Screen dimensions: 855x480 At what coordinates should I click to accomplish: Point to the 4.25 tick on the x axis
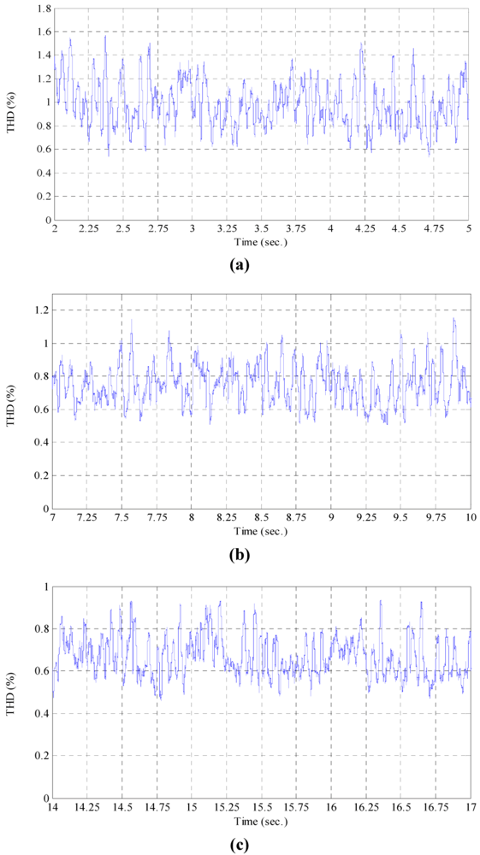[364, 231]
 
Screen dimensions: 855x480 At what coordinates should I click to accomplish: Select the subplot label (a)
[240, 264]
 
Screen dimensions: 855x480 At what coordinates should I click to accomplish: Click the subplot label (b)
[240, 555]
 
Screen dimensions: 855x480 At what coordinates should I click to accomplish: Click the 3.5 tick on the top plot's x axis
[261, 231]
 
